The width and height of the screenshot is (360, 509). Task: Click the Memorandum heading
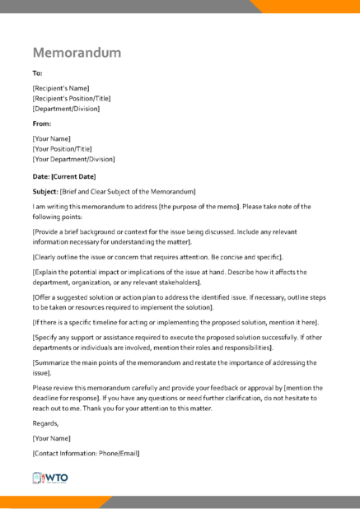77,53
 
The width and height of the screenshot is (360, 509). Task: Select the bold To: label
38,72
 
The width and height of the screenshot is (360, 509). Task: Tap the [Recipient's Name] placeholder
61,88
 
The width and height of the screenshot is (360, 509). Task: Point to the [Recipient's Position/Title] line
72,98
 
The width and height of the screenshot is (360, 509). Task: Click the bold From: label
42,124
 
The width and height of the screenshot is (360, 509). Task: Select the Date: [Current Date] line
64,176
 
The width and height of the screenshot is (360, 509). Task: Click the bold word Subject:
45,191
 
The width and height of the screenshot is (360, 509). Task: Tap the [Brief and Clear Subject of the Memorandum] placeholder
128,191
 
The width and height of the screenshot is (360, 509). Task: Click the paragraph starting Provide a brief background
165,236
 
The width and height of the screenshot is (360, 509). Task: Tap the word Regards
47,423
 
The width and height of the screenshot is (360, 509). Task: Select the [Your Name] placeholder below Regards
52,438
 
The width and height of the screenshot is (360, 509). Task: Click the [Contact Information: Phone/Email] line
86,454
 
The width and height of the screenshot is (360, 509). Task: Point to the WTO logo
51,478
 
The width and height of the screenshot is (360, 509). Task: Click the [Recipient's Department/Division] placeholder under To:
67,108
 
